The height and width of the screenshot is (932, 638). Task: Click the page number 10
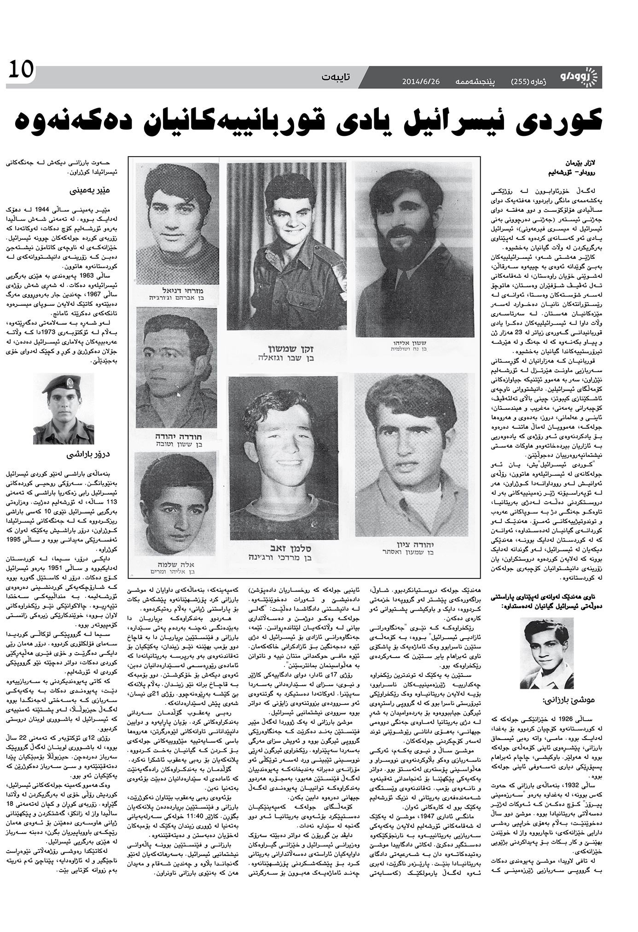tap(21, 72)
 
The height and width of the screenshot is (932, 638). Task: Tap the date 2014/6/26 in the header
tap(421, 82)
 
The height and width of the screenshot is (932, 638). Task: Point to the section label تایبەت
tap(336, 76)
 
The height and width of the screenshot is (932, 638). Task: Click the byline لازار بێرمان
tap(585, 163)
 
